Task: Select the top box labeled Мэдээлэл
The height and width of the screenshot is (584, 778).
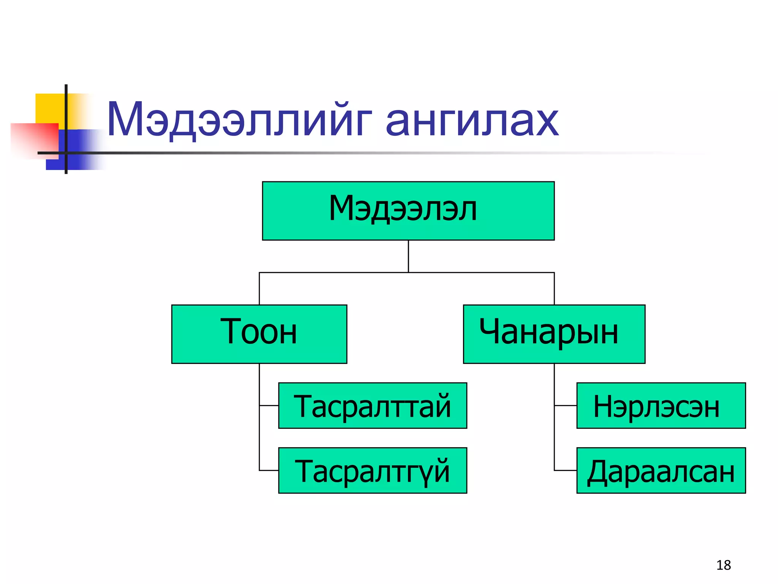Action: [x=408, y=211]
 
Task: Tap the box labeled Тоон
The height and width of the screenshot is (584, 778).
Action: [x=259, y=334]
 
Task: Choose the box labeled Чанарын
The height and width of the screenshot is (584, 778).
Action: [x=554, y=334]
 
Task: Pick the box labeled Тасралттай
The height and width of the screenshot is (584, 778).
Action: [x=372, y=405]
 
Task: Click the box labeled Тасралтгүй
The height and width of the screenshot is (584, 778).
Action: [x=372, y=470]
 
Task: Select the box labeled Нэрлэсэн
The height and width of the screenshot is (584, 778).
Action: [x=661, y=405]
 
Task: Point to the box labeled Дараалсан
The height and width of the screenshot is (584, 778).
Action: [x=661, y=470]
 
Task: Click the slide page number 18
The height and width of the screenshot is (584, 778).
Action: [x=723, y=565]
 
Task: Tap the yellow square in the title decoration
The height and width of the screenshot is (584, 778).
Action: [x=49, y=108]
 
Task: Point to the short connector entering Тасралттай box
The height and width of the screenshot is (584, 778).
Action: [x=269, y=406]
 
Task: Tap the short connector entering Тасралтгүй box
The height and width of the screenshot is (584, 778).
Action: [x=269, y=470]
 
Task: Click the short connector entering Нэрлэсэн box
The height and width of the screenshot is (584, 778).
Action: [x=565, y=406]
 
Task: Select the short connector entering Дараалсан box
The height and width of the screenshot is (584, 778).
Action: [x=565, y=470]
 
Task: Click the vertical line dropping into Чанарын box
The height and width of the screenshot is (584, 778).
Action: [x=554, y=289]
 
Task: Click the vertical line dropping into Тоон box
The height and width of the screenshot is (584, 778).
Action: [x=259, y=289]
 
